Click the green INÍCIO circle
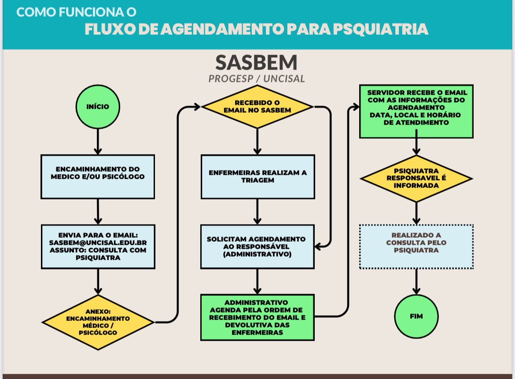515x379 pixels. tap(98, 107)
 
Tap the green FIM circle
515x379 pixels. tap(416, 316)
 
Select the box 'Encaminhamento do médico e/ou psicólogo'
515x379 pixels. tap(98, 177)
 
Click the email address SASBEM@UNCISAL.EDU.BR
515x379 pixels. tap(98, 243)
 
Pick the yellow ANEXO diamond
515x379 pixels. tap(98, 322)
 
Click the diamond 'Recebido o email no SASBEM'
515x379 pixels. tap(257, 107)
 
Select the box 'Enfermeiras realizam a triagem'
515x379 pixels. tap(257, 177)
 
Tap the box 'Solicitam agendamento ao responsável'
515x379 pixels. tap(257, 247)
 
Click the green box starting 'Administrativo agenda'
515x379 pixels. tap(257, 317)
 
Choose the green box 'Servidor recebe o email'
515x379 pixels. tap(416, 111)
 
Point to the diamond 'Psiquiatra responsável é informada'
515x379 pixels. tap(416, 178)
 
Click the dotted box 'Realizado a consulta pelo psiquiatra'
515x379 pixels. tap(416, 247)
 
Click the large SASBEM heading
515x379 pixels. tap(257, 63)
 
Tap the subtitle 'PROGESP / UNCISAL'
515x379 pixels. tap(257, 79)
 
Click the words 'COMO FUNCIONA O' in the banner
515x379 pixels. tap(76, 12)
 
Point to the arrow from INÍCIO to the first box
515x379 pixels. tap(98, 141)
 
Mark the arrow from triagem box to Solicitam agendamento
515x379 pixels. tap(257, 212)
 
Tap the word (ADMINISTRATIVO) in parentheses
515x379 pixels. tap(257, 254)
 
